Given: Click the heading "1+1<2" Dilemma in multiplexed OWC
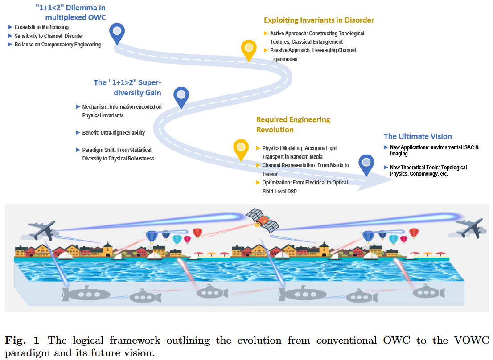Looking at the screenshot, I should [x=70, y=12].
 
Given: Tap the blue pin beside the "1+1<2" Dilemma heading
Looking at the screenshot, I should [x=117, y=32].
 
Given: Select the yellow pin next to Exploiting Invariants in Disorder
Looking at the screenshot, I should [x=249, y=49].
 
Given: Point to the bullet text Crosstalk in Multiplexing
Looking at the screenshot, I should [x=41, y=27].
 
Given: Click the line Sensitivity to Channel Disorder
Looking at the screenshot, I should [x=49, y=36].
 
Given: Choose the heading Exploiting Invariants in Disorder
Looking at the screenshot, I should [x=319, y=20].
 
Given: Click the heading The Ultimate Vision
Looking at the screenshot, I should [x=418, y=136].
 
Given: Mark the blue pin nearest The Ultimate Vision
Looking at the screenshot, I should [x=366, y=164].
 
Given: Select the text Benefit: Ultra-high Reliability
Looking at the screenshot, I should [x=113, y=133].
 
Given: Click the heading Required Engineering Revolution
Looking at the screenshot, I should [x=293, y=125].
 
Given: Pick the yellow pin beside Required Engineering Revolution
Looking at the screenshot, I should [x=241, y=148].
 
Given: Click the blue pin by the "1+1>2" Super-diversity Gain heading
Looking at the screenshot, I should [x=181, y=97].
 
